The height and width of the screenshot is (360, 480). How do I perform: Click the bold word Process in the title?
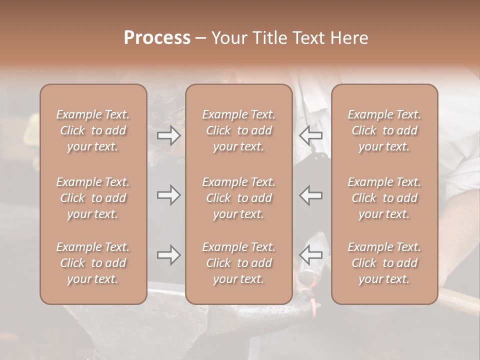point(157,38)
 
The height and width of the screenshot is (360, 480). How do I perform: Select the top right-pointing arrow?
point(168,135)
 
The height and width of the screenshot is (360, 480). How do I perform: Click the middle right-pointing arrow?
point(168,195)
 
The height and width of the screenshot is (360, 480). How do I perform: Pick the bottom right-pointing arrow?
point(168,255)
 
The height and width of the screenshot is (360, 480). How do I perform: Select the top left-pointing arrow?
point(310,135)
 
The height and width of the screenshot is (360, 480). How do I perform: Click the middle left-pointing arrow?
point(310,195)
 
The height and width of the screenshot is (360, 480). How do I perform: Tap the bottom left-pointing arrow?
point(310,255)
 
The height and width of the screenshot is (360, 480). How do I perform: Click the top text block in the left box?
point(93,130)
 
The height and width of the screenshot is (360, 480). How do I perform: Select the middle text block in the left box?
point(93,198)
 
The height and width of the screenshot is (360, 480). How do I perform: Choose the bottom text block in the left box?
point(93,263)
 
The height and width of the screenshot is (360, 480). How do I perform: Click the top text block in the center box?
point(239,130)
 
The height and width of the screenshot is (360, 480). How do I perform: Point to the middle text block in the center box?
point(239,198)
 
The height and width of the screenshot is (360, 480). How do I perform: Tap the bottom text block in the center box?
point(239,263)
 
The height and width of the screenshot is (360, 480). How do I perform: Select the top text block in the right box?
point(384,130)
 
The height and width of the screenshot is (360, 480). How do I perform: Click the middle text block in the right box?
point(384,198)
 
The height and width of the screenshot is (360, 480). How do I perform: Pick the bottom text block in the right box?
point(384,263)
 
